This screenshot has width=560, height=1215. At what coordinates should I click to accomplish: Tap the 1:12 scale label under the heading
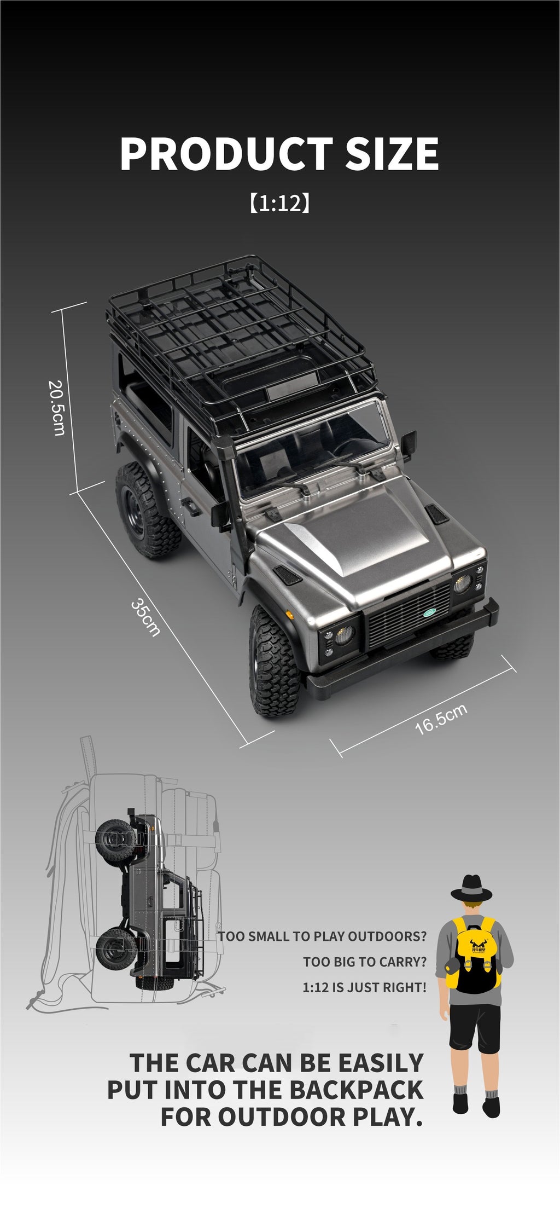(279, 204)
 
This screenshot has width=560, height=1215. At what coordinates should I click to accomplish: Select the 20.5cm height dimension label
(57, 408)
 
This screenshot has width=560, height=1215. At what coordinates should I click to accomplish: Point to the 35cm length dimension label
(146, 617)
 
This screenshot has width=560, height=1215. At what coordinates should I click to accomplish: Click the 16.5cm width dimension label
(441, 719)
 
